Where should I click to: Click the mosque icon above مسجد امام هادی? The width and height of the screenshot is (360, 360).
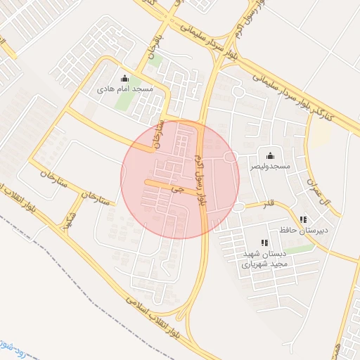[x=125, y=78]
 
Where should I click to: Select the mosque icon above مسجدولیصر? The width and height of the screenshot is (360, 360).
[x=270, y=155]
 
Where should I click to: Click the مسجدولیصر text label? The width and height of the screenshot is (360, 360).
[x=271, y=167]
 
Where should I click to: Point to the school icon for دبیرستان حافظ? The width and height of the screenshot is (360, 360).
[x=303, y=219]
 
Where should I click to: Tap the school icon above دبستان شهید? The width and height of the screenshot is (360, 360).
[x=264, y=243]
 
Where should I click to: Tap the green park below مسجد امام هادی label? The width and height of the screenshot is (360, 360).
[x=124, y=103]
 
